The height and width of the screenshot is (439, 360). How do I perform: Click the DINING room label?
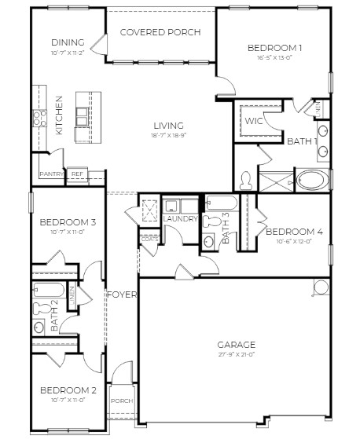[x=67, y=42]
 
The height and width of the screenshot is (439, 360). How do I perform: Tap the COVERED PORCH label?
[x=160, y=32]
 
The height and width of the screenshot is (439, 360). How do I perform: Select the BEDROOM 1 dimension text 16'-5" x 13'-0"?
[x=274, y=57]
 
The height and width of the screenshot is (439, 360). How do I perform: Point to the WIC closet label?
[x=253, y=121]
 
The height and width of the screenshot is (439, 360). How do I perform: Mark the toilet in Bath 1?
[x=246, y=181]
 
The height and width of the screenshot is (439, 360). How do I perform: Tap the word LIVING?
[x=168, y=125]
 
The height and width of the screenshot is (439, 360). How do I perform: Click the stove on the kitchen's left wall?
[x=37, y=119]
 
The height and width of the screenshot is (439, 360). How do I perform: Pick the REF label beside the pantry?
[x=76, y=174]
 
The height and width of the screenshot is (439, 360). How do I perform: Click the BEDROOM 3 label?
[x=68, y=222]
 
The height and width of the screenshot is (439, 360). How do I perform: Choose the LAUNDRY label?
[x=180, y=219]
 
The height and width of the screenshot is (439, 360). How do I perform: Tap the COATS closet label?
[x=149, y=238]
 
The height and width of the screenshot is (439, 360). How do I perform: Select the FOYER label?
[x=123, y=294]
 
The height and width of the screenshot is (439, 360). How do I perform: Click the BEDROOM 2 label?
[x=68, y=390]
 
